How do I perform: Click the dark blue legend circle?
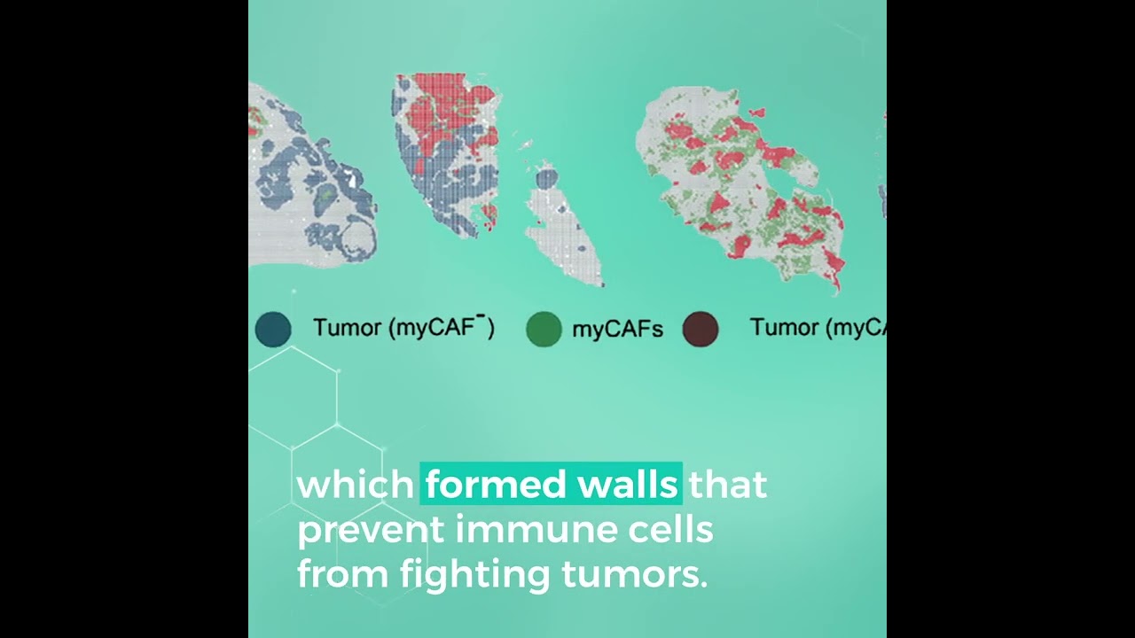(x=273, y=329)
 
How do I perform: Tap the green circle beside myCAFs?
(x=544, y=329)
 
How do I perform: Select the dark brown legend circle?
(x=701, y=329)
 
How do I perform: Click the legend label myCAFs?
(x=617, y=330)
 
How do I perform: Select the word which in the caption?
(x=356, y=485)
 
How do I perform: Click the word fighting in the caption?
(x=476, y=575)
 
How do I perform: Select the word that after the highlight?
(x=728, y=485)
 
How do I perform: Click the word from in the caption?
(x=341, y=575)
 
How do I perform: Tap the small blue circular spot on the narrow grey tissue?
(x=547, y=179)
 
